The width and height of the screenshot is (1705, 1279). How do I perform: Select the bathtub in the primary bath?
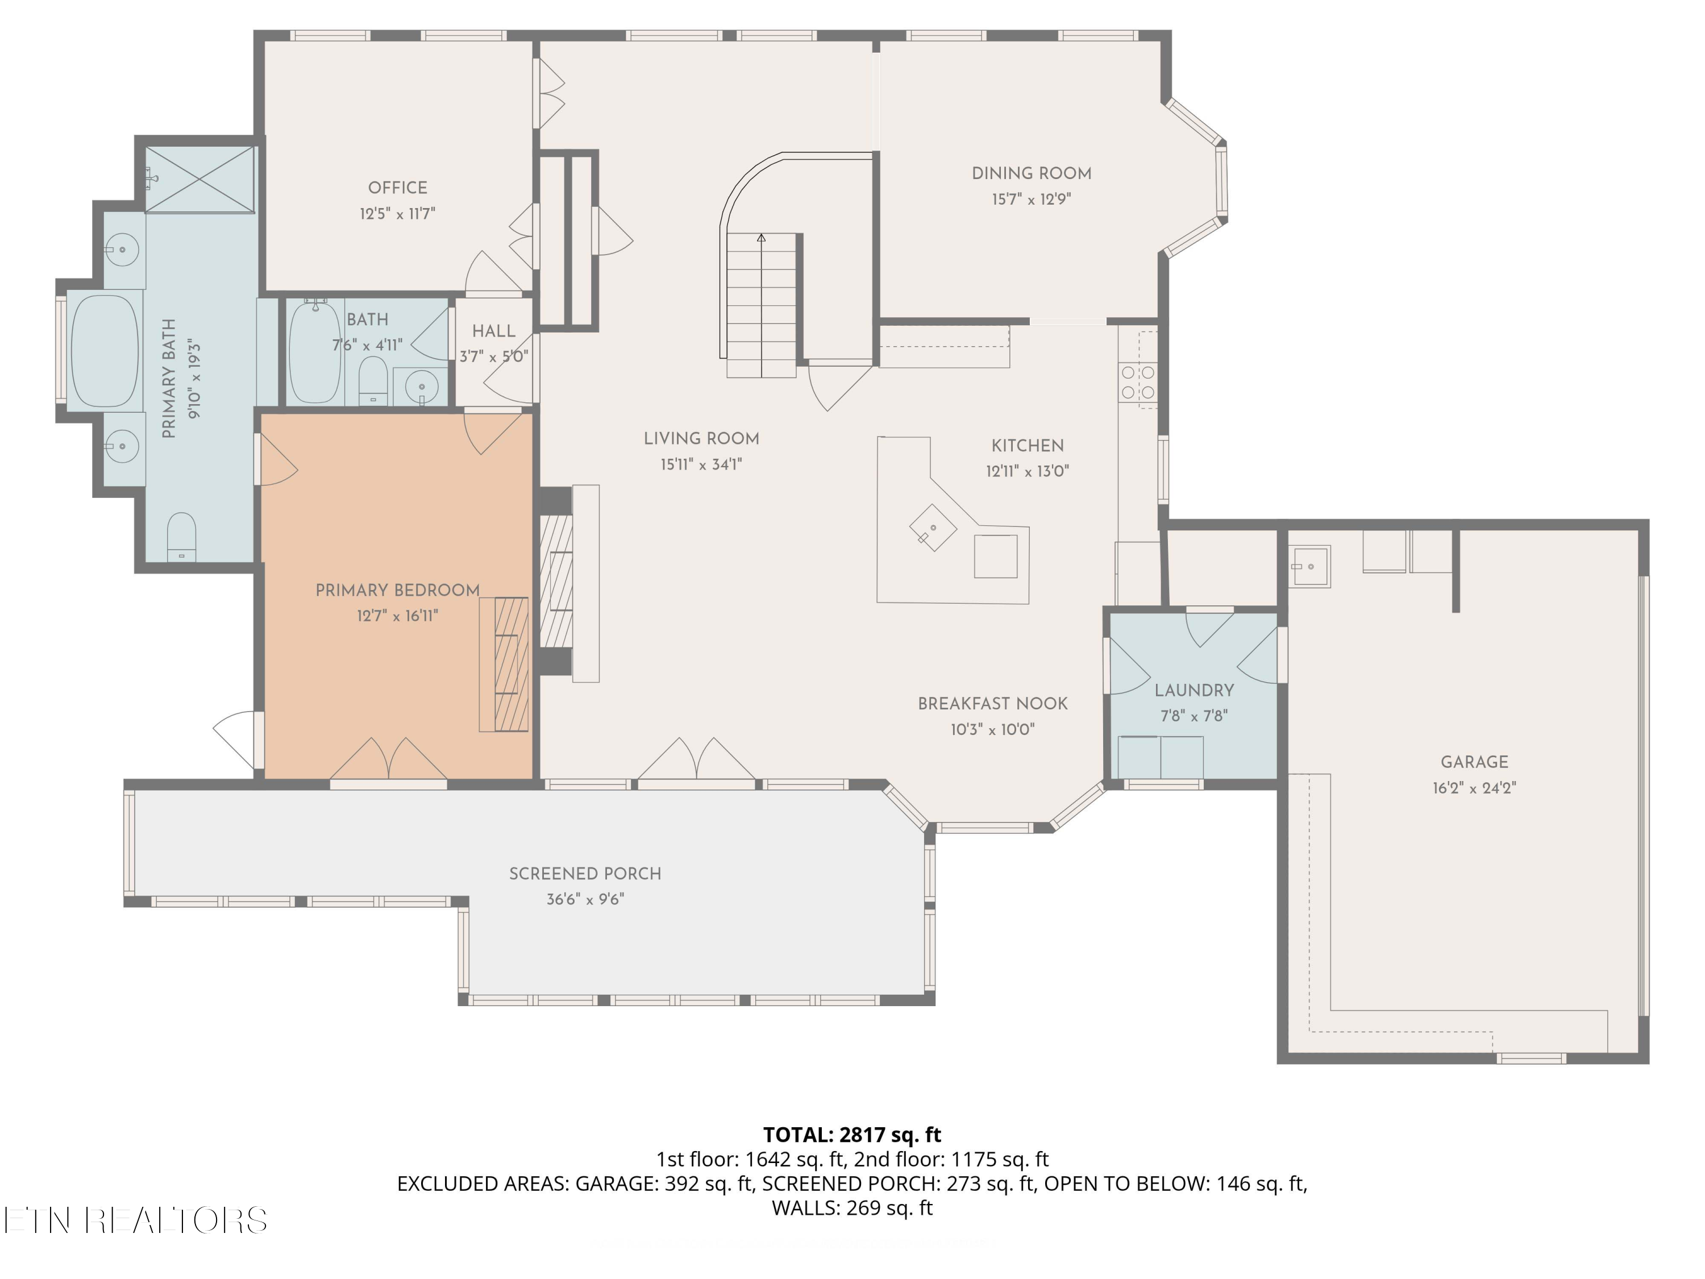click(x=105, y=351)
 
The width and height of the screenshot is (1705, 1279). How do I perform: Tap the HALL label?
click(x=493, y=331)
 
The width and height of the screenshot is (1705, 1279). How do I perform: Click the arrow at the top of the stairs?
click(x=762, y=238)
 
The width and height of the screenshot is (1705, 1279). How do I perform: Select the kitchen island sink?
click(x=933, y=528)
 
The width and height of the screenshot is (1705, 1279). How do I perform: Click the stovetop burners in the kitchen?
click(x=1138, y=383)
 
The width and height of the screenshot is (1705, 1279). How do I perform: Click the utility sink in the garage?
click(x=1309, y=567)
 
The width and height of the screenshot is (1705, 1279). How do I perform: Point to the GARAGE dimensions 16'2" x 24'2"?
click(x=1474, y=788)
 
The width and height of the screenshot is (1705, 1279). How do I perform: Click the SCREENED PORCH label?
click(x=585, y=874)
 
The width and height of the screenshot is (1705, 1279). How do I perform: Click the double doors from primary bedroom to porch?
click(x=389, y=760)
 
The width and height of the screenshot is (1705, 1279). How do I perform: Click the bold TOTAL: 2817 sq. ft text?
click(x=852, y=1135)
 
